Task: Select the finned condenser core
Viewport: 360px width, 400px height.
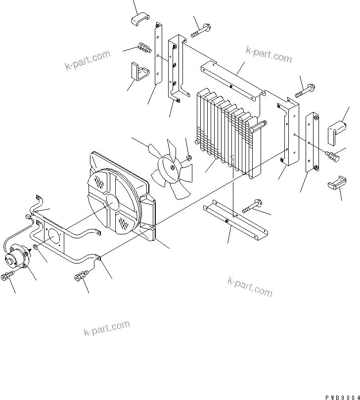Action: [227, 133]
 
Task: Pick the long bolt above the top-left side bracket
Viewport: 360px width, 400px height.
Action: [200, 30]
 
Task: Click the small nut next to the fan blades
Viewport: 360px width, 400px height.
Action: [189, 158]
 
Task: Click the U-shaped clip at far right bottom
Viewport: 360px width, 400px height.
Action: [335, 183]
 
